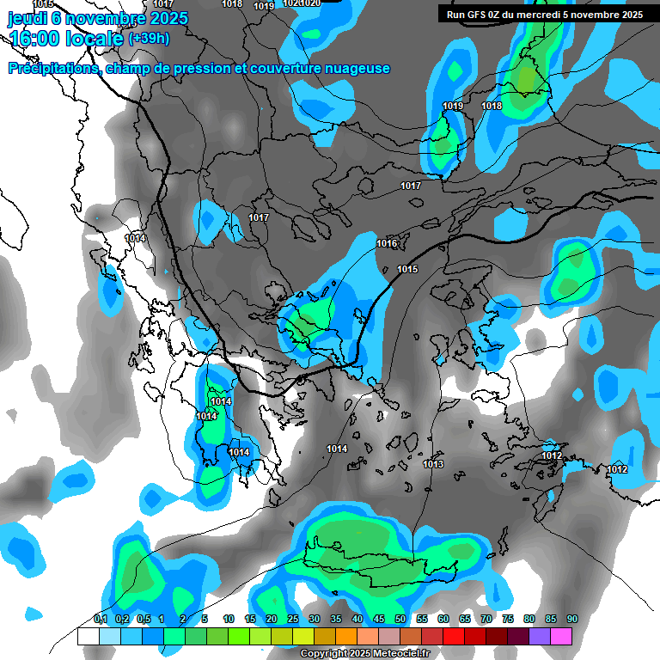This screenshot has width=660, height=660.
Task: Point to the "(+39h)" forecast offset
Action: coord(149,39)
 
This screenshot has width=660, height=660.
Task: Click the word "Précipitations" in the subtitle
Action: coord(52,69)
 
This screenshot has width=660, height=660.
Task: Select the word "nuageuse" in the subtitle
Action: coord(357,69)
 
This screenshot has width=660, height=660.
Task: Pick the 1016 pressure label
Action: coord(387,244)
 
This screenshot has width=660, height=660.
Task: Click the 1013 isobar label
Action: coord(433,465)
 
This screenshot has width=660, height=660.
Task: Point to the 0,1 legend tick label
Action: coord(100,620)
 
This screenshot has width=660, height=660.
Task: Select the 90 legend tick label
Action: coord(572,620)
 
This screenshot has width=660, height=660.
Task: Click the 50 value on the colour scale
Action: coord(400,620)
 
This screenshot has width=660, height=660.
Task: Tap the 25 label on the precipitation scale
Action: coord(293,620)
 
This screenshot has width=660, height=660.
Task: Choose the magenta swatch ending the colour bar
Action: coord(561,636)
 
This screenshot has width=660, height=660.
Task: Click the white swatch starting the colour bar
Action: coord(88,636)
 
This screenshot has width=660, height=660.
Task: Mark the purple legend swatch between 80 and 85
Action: coord(540,636)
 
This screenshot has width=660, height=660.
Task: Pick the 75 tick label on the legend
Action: coord(508,620)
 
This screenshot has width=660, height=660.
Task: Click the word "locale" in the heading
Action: coord(94,39)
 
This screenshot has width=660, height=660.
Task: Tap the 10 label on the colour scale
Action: coord(229,620)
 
